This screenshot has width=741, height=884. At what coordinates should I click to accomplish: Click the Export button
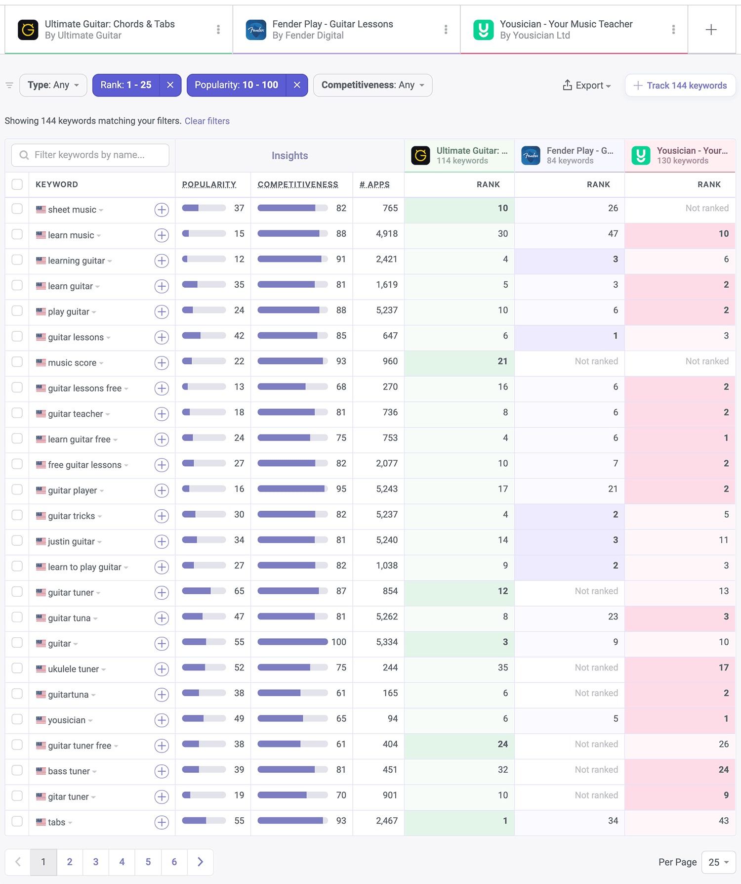587,86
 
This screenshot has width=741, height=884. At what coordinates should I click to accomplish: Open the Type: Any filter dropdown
53,85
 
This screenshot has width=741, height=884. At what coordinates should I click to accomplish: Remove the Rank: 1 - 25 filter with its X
170,85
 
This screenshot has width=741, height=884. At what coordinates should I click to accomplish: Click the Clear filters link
207,121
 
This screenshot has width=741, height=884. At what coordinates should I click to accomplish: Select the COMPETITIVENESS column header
298,184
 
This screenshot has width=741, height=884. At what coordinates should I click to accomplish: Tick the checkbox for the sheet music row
17,209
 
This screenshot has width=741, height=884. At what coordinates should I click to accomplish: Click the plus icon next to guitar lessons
162,337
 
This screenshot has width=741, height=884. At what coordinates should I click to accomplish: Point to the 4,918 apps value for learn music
386,233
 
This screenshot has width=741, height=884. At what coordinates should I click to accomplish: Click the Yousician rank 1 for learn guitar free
726,438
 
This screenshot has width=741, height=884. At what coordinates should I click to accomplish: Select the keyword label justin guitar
71,541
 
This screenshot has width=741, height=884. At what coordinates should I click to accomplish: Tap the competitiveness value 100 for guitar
338,642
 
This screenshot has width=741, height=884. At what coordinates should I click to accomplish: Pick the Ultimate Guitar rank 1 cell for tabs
505,821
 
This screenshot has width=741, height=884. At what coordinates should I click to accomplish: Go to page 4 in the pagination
122,862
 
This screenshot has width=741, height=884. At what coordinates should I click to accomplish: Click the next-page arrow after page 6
200,862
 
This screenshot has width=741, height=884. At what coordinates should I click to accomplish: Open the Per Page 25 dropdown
718,862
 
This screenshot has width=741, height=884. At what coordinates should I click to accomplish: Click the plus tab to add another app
711,30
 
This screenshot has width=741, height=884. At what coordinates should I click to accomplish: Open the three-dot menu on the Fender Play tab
446,30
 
